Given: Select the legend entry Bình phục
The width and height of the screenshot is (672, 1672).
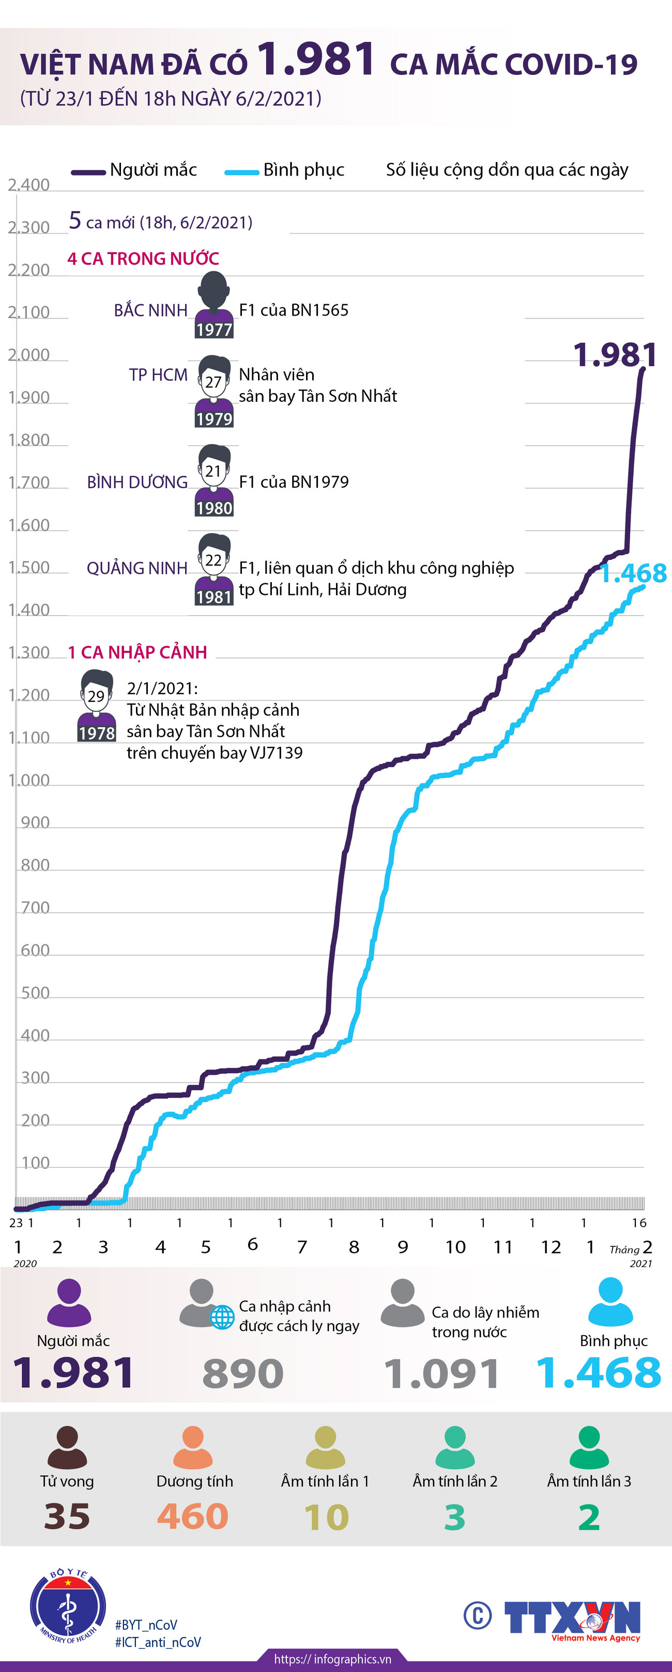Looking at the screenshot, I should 286,170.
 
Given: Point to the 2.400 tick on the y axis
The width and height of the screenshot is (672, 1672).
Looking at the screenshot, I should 28,185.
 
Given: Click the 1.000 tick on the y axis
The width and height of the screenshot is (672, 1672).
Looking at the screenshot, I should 28,780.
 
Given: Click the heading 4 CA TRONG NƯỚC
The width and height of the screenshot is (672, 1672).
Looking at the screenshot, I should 143,258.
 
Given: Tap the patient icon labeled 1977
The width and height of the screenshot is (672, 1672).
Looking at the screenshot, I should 214,305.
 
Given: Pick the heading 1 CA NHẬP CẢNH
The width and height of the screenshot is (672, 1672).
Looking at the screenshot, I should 138,652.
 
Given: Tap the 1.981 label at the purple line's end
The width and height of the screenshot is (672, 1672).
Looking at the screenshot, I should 614,355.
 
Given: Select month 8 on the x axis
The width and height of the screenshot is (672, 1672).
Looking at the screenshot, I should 354,1247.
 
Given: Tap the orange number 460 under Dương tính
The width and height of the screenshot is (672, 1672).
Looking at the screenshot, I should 193,1517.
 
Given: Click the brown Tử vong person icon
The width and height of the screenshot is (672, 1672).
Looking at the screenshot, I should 67,1447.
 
